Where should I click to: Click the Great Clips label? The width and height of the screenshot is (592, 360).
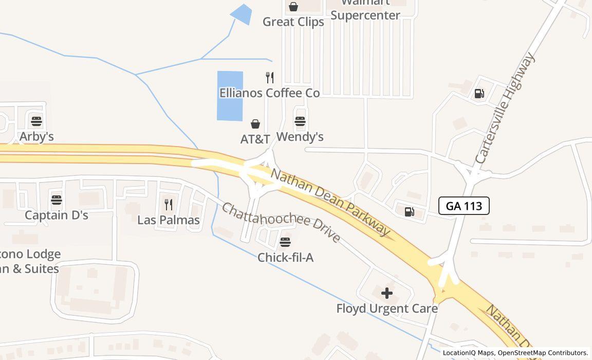coord(293,22)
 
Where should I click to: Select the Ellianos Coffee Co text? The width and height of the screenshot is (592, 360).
coord(269,93)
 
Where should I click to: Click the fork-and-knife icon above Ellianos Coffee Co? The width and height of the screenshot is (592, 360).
coord(270,78)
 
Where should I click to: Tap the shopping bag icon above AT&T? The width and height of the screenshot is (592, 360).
coord(255,124)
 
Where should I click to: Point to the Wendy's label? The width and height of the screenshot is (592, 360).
coord(300,137)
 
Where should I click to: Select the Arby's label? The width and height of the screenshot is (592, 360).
coord(36,137)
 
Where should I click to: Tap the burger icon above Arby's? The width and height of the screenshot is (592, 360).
coord(36,121)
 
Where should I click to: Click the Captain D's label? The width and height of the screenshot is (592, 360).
coord(57,215)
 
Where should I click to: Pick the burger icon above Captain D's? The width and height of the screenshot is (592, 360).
coord(57,200)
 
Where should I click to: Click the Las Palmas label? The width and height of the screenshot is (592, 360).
coord(169,220)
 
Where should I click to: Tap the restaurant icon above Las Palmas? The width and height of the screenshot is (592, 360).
coord(169,205)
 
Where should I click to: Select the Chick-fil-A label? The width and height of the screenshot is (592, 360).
coord(285,258)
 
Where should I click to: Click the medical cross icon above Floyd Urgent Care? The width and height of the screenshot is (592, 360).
coord(387,293)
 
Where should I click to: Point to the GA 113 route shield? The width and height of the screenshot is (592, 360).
coord(464,206)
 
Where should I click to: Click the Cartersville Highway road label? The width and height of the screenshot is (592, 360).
coord(505,108)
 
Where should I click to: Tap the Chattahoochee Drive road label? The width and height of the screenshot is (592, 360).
coord(281,222)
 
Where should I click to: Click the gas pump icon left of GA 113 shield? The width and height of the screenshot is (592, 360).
coord(410,211)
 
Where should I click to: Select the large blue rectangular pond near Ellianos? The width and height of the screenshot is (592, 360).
coord(230,96)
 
